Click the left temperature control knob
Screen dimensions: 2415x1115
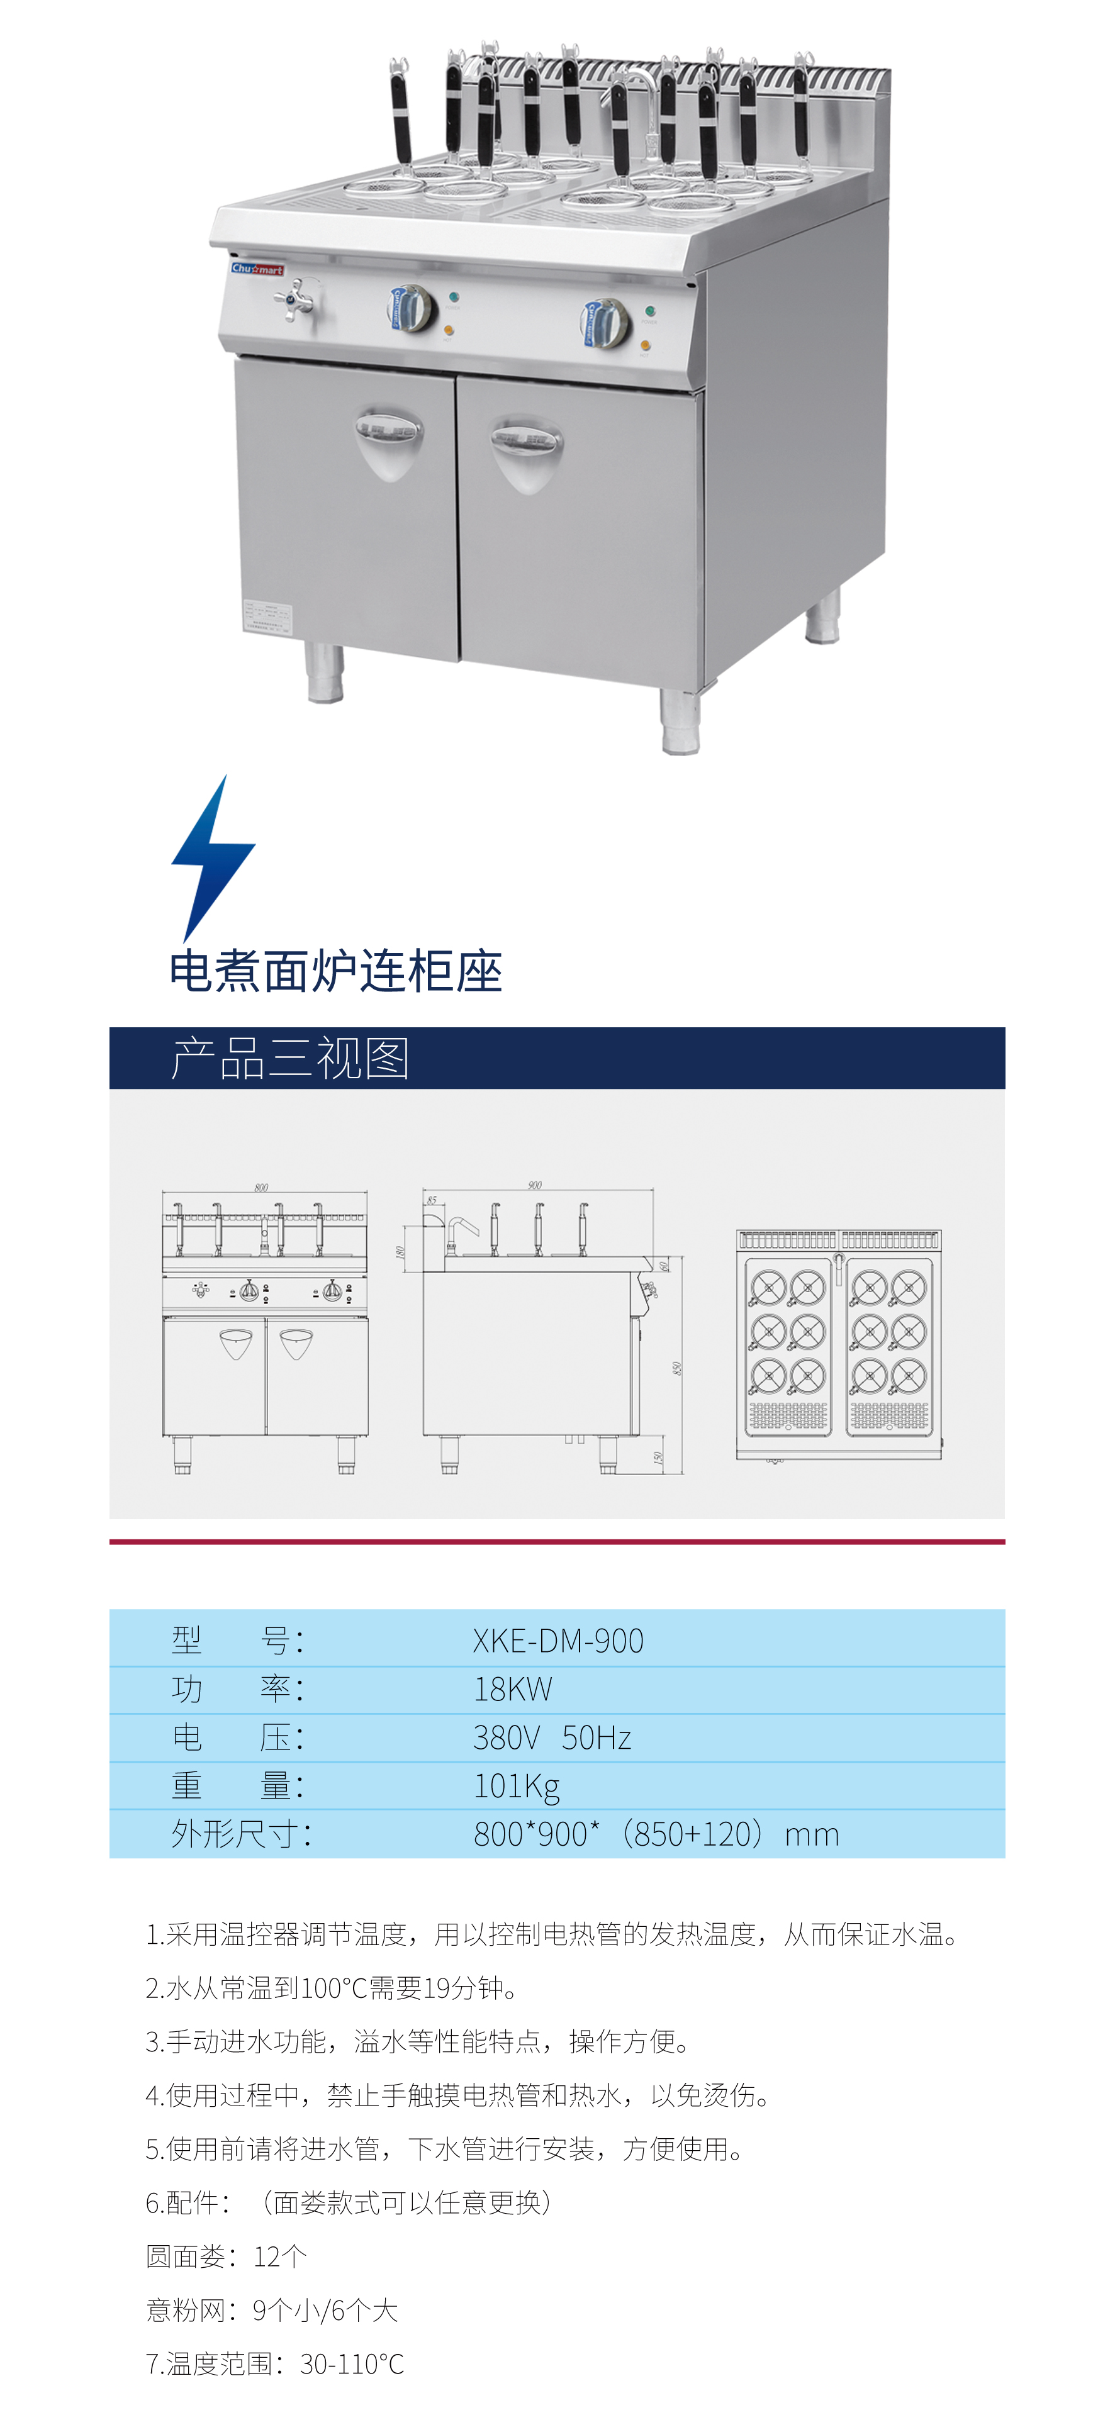pyautogui.click(x=411, y=308)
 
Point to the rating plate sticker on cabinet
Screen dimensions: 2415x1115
pyautogui.click(x=267, y=617)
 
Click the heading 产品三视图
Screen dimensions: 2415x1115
pyautogui.click(x=290, y=1059)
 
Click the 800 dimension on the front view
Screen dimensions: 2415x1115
pyautogui.click(x=262, y=1187)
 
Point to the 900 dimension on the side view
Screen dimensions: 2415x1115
pyautogui.click(x=534, y=1185)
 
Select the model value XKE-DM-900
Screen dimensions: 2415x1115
pyautogui.click(x=558, y=1641)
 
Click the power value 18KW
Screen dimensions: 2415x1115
pyautogui.click(x=513, y=1690)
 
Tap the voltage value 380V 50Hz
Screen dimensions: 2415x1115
pyautogui.click(x=551, y=1737)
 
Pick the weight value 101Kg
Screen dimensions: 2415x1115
pyautogui.click(x=517, y=1786)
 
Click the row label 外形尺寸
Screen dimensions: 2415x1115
pyautogui.click(x=241, y=1834)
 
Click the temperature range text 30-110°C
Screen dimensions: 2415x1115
pyautogui.click(x=352, y=2365)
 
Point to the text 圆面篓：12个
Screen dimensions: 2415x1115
pyautogui.click(x=226, y=2256)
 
